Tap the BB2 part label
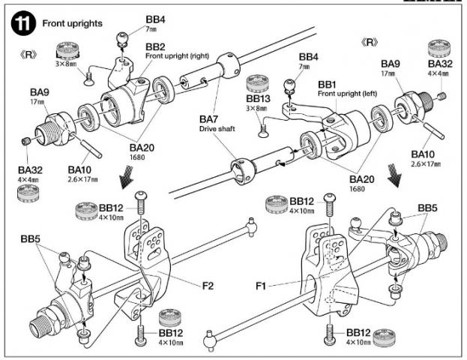tap(156, 46)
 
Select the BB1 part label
tap(328, 84)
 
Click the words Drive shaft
tap(214, 129)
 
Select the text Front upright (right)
tap(175, 56)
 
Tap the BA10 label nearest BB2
tap(80, 170)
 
